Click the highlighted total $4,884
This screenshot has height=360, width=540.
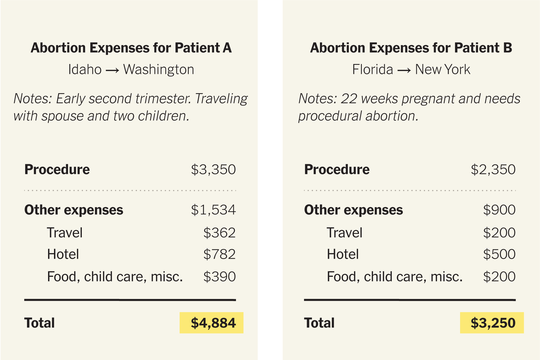point(213,323)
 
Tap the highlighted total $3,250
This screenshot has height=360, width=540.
point(493,323)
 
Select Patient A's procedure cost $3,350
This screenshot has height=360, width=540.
point(213,170)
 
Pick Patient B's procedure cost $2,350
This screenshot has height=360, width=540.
point(493,170)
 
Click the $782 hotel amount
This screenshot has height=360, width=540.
point(219,254)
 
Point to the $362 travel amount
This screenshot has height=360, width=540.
point(219,233)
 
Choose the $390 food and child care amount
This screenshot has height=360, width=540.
point(219,277)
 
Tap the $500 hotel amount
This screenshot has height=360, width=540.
point(499,254)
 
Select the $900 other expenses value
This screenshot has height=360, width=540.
point(499,210)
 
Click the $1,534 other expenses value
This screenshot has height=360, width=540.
point(213,210)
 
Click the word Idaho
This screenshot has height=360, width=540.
point(85,69)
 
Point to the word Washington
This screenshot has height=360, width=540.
point(159,69)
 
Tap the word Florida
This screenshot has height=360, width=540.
point(373,69)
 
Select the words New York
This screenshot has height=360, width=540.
point(443,69)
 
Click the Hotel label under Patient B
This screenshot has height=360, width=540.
point(343,254)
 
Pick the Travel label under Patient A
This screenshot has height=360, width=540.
point(65,233)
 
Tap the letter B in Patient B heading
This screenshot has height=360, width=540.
point(507,48)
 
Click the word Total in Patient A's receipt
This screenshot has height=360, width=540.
point(39,323)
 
